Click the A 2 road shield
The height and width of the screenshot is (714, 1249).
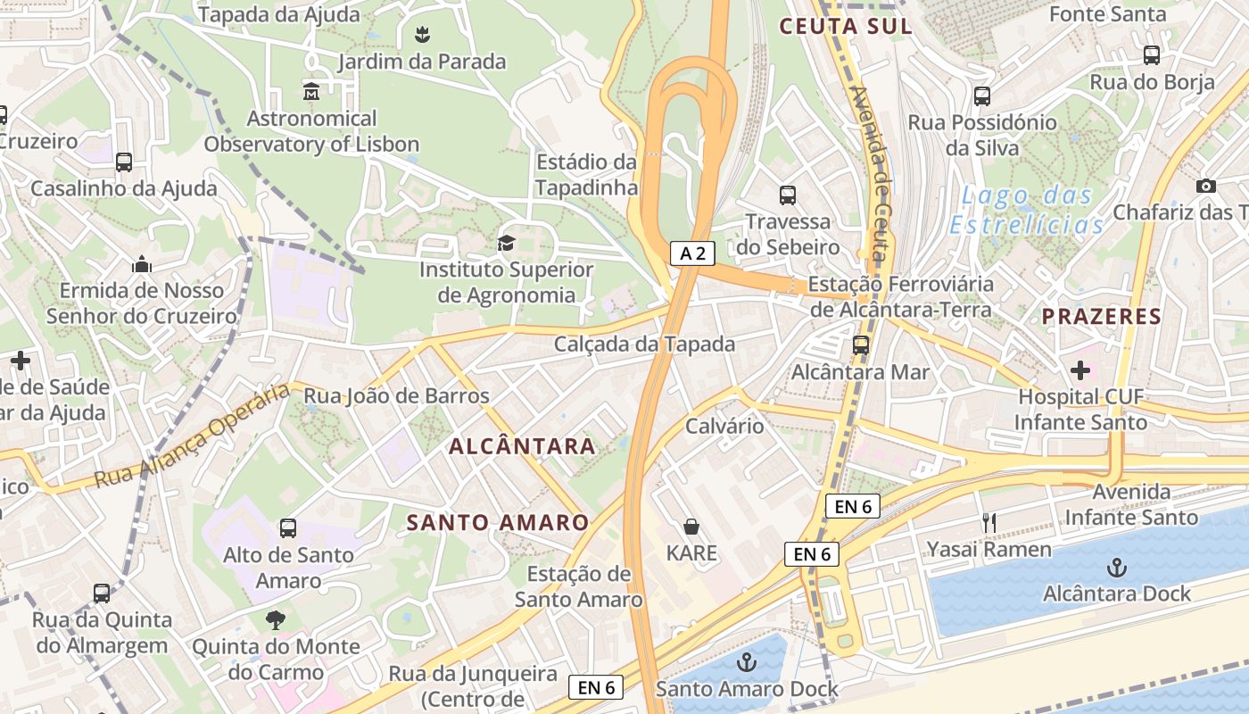(x=692, y=253)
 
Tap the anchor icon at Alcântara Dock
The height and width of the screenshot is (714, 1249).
(x=1116, y=567)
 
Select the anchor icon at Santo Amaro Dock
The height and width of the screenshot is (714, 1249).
(x=747, y=661)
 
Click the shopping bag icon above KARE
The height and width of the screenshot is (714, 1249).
(x=691, y=527)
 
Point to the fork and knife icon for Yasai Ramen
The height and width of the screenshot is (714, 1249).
(x=988, y=523)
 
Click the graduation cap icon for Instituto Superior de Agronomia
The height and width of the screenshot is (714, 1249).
(x=506, y=243)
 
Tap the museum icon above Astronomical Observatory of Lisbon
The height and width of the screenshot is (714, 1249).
(x=311, y=91)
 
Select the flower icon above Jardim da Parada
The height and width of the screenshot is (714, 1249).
(x=422, y=35)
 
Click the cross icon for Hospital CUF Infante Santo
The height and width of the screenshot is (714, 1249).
(x=1079, y=369)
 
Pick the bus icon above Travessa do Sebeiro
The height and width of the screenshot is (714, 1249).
(x=787, y=195)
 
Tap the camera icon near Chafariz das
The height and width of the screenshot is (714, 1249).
(x=1205, y=186)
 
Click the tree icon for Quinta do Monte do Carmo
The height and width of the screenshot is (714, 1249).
(x=276, y=619)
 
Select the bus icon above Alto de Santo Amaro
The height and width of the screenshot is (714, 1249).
(x=287, y=527)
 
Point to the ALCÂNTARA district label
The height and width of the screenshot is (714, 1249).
(x=522, y=446)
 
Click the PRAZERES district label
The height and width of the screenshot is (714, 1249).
(x=1102, y=316)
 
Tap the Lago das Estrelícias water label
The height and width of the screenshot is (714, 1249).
(x=1026, y=210)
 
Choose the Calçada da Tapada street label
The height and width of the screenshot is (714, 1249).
(x=644, y=344)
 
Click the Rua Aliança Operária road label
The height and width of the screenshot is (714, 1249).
(x=192, y=436)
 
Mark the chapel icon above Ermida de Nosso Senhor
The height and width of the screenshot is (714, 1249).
(x=141, y=264)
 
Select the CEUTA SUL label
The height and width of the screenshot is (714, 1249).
(x=846, y=26)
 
